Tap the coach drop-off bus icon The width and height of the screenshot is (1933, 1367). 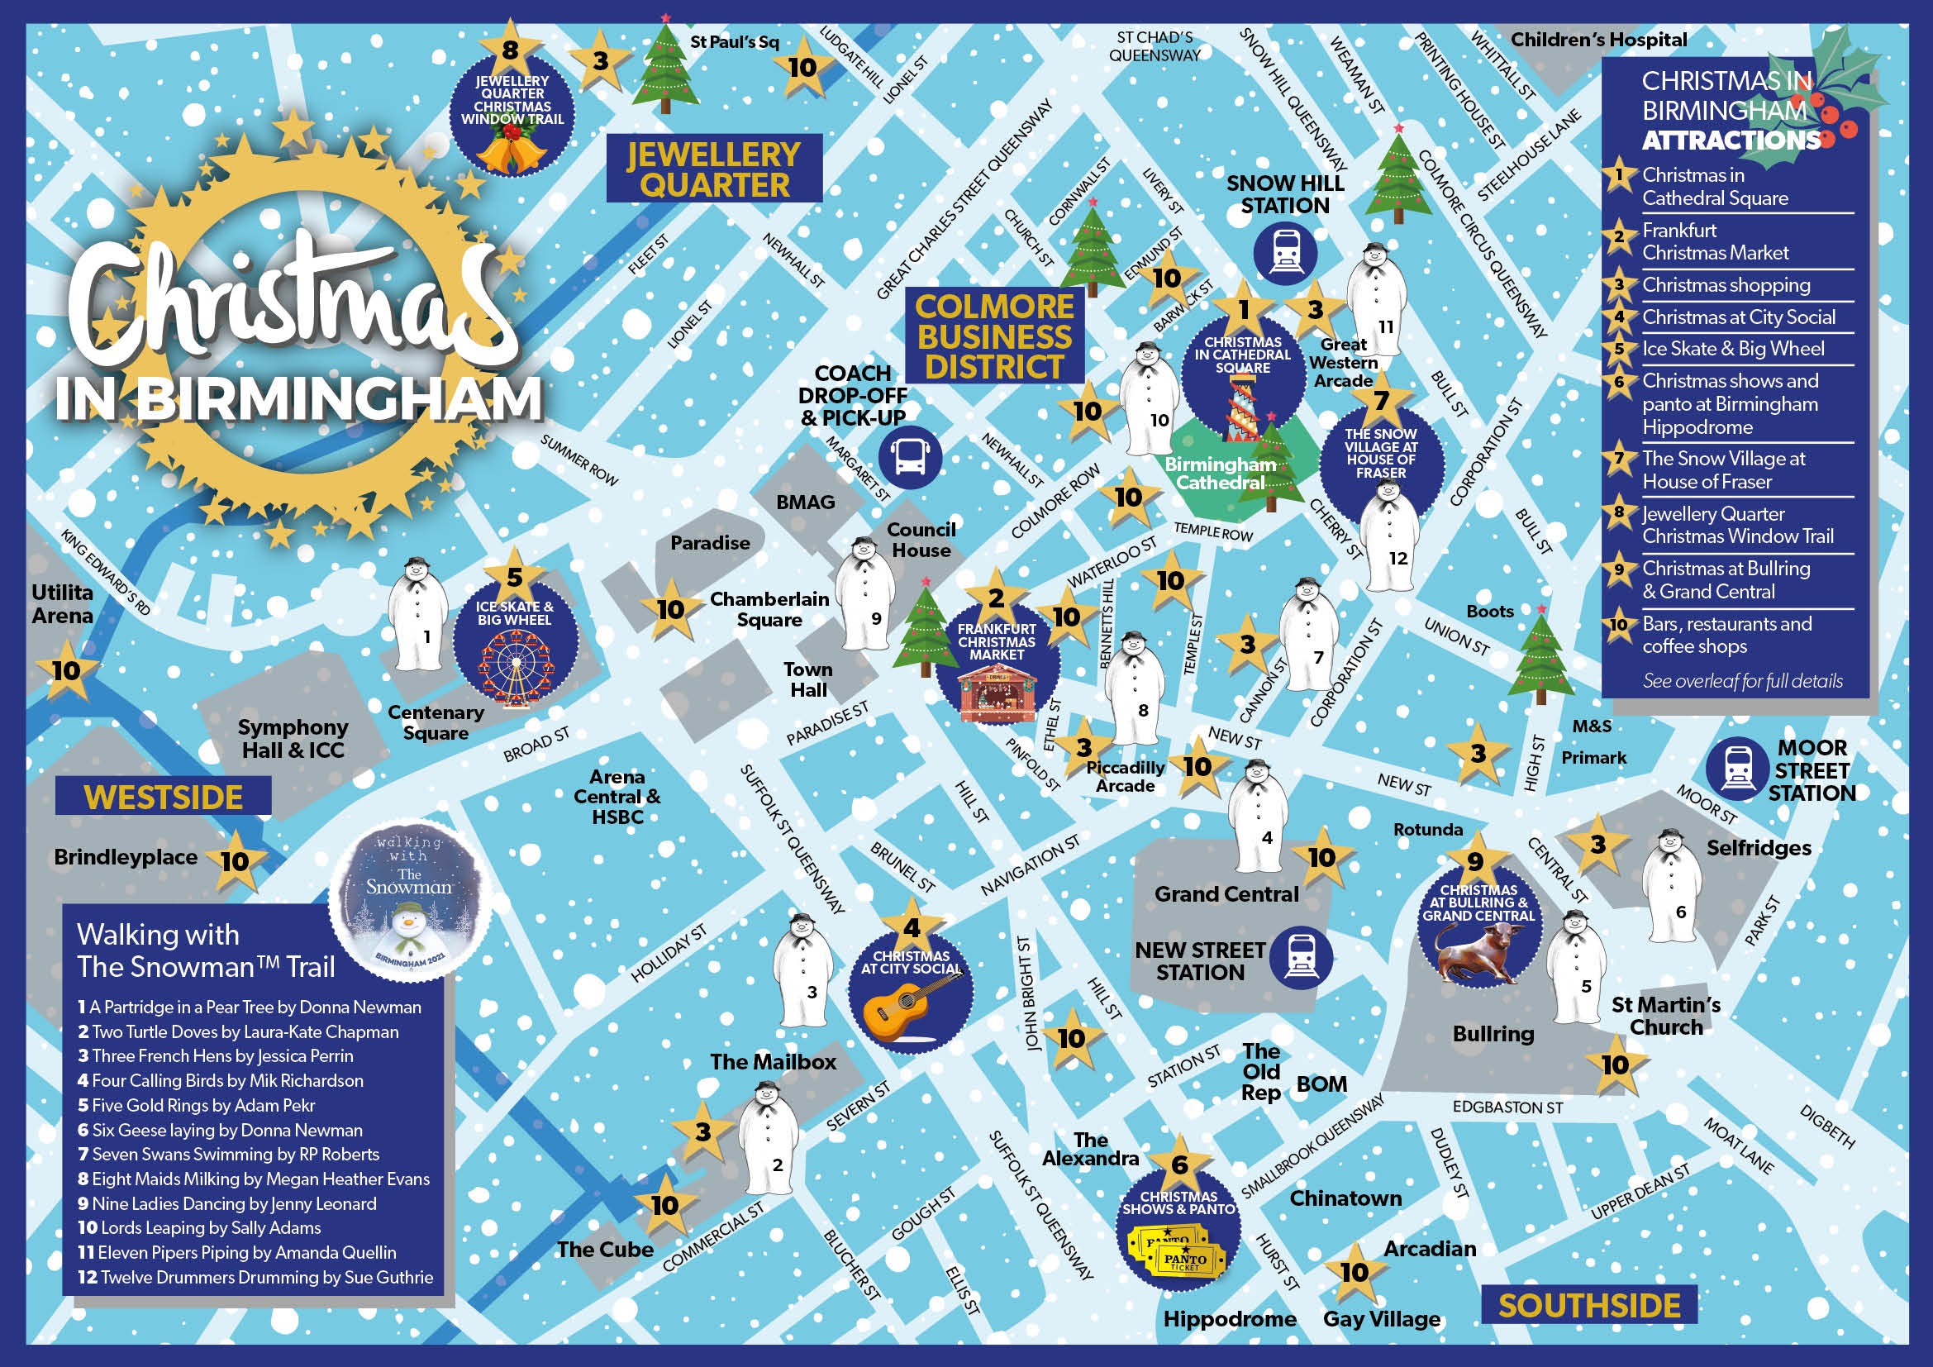tap(910, 457)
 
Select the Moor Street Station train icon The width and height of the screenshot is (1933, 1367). tap(1736, 769)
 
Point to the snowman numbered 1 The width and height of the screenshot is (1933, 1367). tap(416, 614)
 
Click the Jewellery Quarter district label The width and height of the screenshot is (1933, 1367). tap(714, 169)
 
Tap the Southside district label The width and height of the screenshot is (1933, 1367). tap(1588, 1306)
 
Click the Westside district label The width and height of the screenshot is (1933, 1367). tap(164, 797)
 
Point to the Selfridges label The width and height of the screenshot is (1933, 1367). tap(1759, 848)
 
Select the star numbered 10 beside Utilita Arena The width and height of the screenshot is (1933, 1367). tap(66, 671)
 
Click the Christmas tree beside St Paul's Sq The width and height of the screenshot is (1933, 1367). tap(665, 67)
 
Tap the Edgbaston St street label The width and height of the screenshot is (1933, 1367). tap(1507, 1107)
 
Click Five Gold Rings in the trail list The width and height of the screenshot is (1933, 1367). tap(196, 1105)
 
